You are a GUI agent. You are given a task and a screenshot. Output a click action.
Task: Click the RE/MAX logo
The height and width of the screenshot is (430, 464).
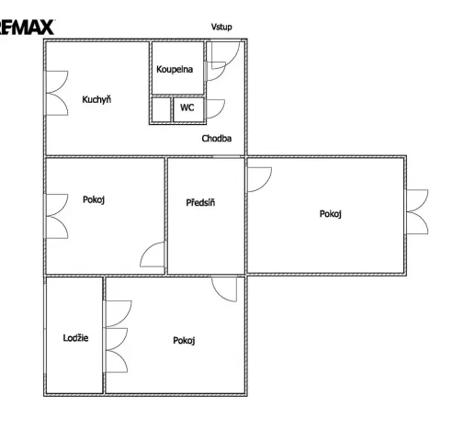coord(27,28)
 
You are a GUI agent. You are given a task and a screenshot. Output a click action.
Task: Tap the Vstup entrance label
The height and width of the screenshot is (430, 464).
coord(221,27)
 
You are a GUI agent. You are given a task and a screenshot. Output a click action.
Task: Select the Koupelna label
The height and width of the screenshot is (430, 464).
coord(175,69)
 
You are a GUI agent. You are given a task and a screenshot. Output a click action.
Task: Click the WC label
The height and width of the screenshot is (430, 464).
coord(187,107)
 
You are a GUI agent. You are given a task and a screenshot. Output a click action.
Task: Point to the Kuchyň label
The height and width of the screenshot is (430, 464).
coord(96,99)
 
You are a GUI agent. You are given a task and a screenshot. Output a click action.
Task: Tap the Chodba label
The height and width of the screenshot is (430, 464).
coord(217,139)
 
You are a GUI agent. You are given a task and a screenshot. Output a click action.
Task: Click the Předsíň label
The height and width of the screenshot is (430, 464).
coord(200,202)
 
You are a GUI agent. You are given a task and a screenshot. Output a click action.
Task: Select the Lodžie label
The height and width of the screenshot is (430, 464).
coord(75,338)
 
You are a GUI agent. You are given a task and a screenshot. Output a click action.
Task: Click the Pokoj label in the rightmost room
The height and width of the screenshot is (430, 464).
coord(331,214)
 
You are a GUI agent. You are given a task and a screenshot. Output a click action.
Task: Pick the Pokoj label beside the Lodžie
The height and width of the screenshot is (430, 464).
coord(184,341)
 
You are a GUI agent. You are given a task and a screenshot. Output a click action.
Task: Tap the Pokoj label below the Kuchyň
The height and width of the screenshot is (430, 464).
coord(94,199)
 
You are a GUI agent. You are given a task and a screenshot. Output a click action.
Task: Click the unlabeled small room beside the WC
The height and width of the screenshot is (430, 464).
coord(161,109)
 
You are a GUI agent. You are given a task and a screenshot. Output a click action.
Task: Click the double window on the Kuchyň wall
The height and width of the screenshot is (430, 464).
coord(56,93)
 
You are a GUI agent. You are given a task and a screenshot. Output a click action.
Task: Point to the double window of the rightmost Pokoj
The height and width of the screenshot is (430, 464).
coord(417,212)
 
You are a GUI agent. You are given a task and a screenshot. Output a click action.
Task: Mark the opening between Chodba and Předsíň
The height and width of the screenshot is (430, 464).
coord(227,156)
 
